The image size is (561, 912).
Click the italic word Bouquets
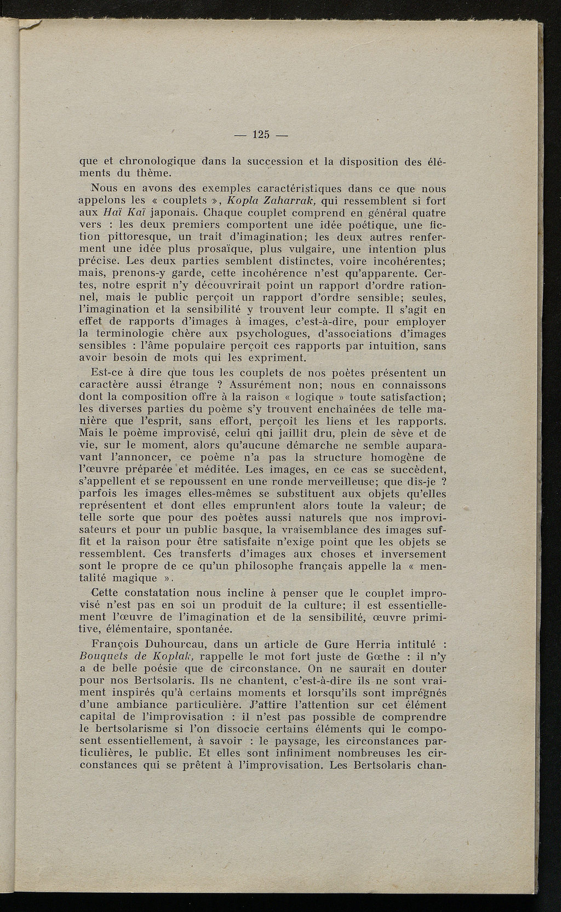pyautogui.click(x=103, y=657)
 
